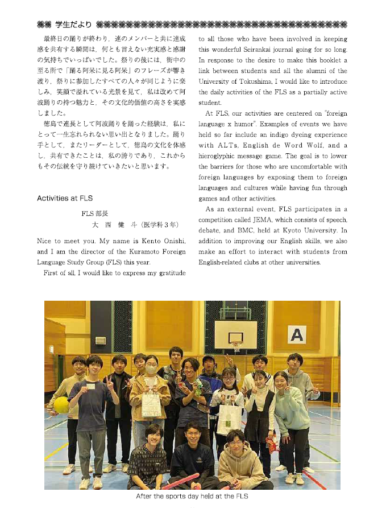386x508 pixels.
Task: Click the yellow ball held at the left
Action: click(61, 405)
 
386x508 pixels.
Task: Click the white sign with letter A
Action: click(297, 334)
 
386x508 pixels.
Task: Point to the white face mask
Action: click(151, 370)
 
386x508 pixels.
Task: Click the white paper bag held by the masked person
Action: click(151, 405)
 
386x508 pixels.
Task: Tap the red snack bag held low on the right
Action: click(272, 443)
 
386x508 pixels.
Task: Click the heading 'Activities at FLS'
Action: click(64, 198)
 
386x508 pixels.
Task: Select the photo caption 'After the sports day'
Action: click(192, 497)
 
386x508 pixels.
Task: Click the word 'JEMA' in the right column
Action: click(272, 220)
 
